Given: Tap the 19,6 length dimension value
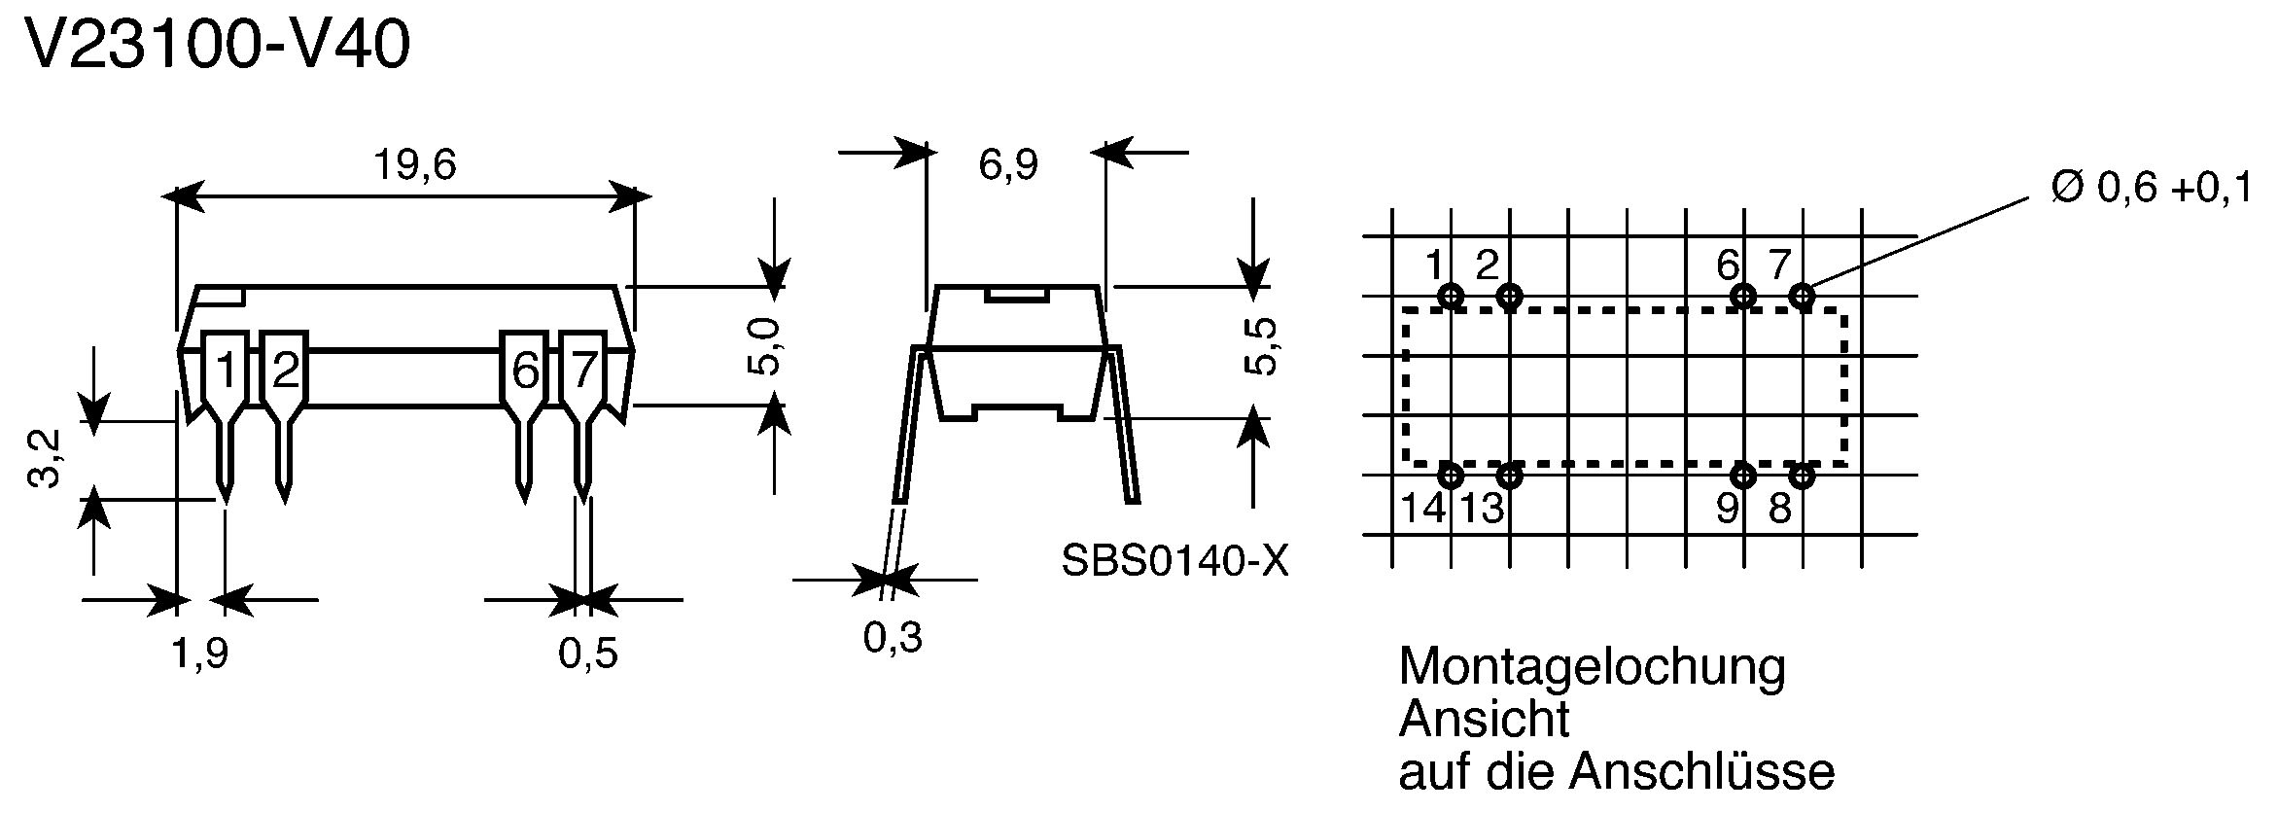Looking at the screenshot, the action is (x=415, y=166).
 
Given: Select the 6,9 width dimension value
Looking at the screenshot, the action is (x=1008, y=165).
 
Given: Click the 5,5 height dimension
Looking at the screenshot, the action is (x=1261, y=347).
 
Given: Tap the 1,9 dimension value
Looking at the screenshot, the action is (x=200, y=654).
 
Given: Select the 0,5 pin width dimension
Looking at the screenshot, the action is (x=588, y=654).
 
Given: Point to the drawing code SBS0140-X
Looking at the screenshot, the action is (x=1174, y=561).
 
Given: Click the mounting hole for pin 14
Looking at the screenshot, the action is (x=1451, y=476).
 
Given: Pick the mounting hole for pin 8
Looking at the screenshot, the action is (x=1802, y=476).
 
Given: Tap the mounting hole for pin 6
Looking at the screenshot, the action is (x=1743, y=296).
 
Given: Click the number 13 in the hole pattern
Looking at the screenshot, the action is (x=1483, y=508).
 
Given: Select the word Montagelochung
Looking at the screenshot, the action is (x=1592, y=668).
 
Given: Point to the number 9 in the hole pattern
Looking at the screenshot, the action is (x=1728, y=508).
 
